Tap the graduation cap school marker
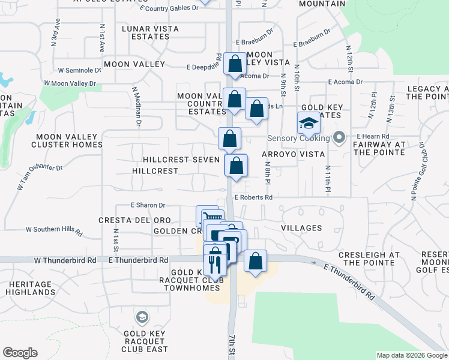coord(309,124)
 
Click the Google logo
coord(20,353)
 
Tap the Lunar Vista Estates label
coord(145,32)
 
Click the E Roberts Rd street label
coord(253,197)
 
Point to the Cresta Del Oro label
coord(134,220)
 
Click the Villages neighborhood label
coord(301,228)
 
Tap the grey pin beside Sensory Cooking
coord(339,137)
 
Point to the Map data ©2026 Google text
coord(412,355)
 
